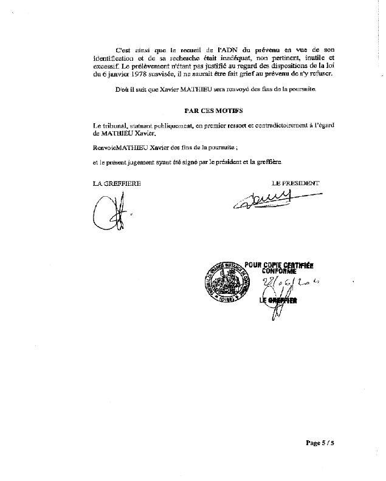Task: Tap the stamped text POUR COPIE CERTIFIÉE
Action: coord(278,265)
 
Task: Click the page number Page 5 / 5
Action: coord(319,443)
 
